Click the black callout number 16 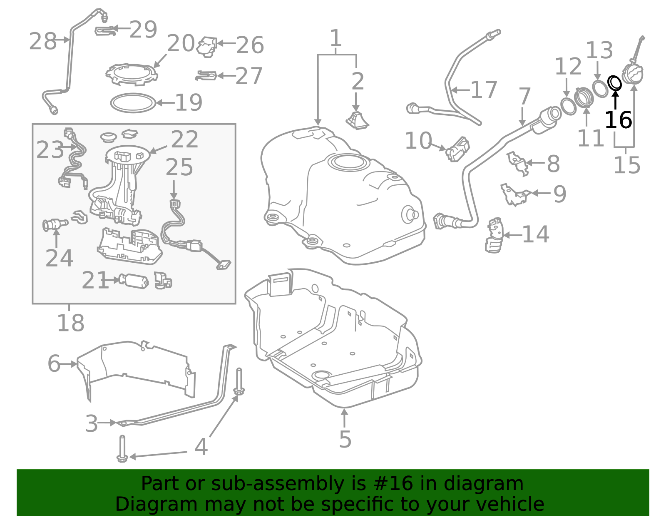pyautogui.click(x=618, y=120)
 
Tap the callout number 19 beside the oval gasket pyautogui.click(x=189, y=102)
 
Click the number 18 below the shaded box pyautogui.click(x=70, y=323)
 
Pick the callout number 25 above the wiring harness pyautogui.click(x=179, y=167)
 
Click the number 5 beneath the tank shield pyautogui.click(x=345, y=439)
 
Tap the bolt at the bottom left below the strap pyautogui.click(x=122, y=449)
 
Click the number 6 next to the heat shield pyautogui.click(x=54, y=364)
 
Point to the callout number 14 pyautogui.click(x=535, y=234)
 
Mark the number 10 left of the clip pyautogui.click(x=418, y=141)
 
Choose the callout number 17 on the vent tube pyautogui.click(x=484, y=90)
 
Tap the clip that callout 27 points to pyautogui.click(x=206, y=75)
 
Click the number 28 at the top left pyautogui.click(x=42, y=41)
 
